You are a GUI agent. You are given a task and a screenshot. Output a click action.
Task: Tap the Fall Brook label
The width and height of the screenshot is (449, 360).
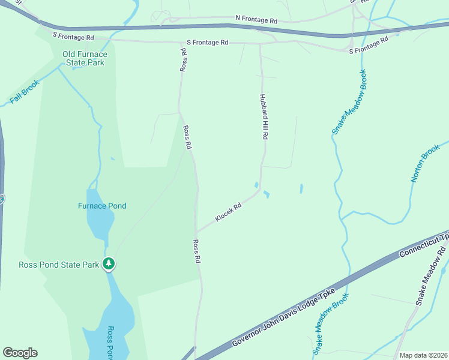tap(25, 92)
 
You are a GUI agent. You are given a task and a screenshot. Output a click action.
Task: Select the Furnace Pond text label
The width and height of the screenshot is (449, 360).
tap(102, 206)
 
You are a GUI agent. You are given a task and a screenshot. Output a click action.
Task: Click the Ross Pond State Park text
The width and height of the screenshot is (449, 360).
tap(58, 264)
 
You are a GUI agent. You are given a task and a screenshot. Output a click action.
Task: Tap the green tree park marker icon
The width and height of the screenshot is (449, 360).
tap(109, 264)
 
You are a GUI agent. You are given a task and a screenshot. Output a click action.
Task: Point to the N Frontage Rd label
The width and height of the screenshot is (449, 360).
tap(257, 20)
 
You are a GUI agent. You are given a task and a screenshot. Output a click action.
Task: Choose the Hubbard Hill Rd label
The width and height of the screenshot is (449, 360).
tap(263, 116)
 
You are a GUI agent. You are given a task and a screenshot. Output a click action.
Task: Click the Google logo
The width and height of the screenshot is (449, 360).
tap(20, 353)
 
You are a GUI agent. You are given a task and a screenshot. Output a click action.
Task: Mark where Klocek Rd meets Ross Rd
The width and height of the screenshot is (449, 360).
tap(195, 233)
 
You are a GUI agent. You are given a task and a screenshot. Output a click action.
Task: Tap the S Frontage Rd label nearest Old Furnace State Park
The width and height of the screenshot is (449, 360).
tap(74, 37)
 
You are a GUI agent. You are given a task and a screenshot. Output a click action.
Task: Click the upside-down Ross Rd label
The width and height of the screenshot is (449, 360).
tap(184, 59)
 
